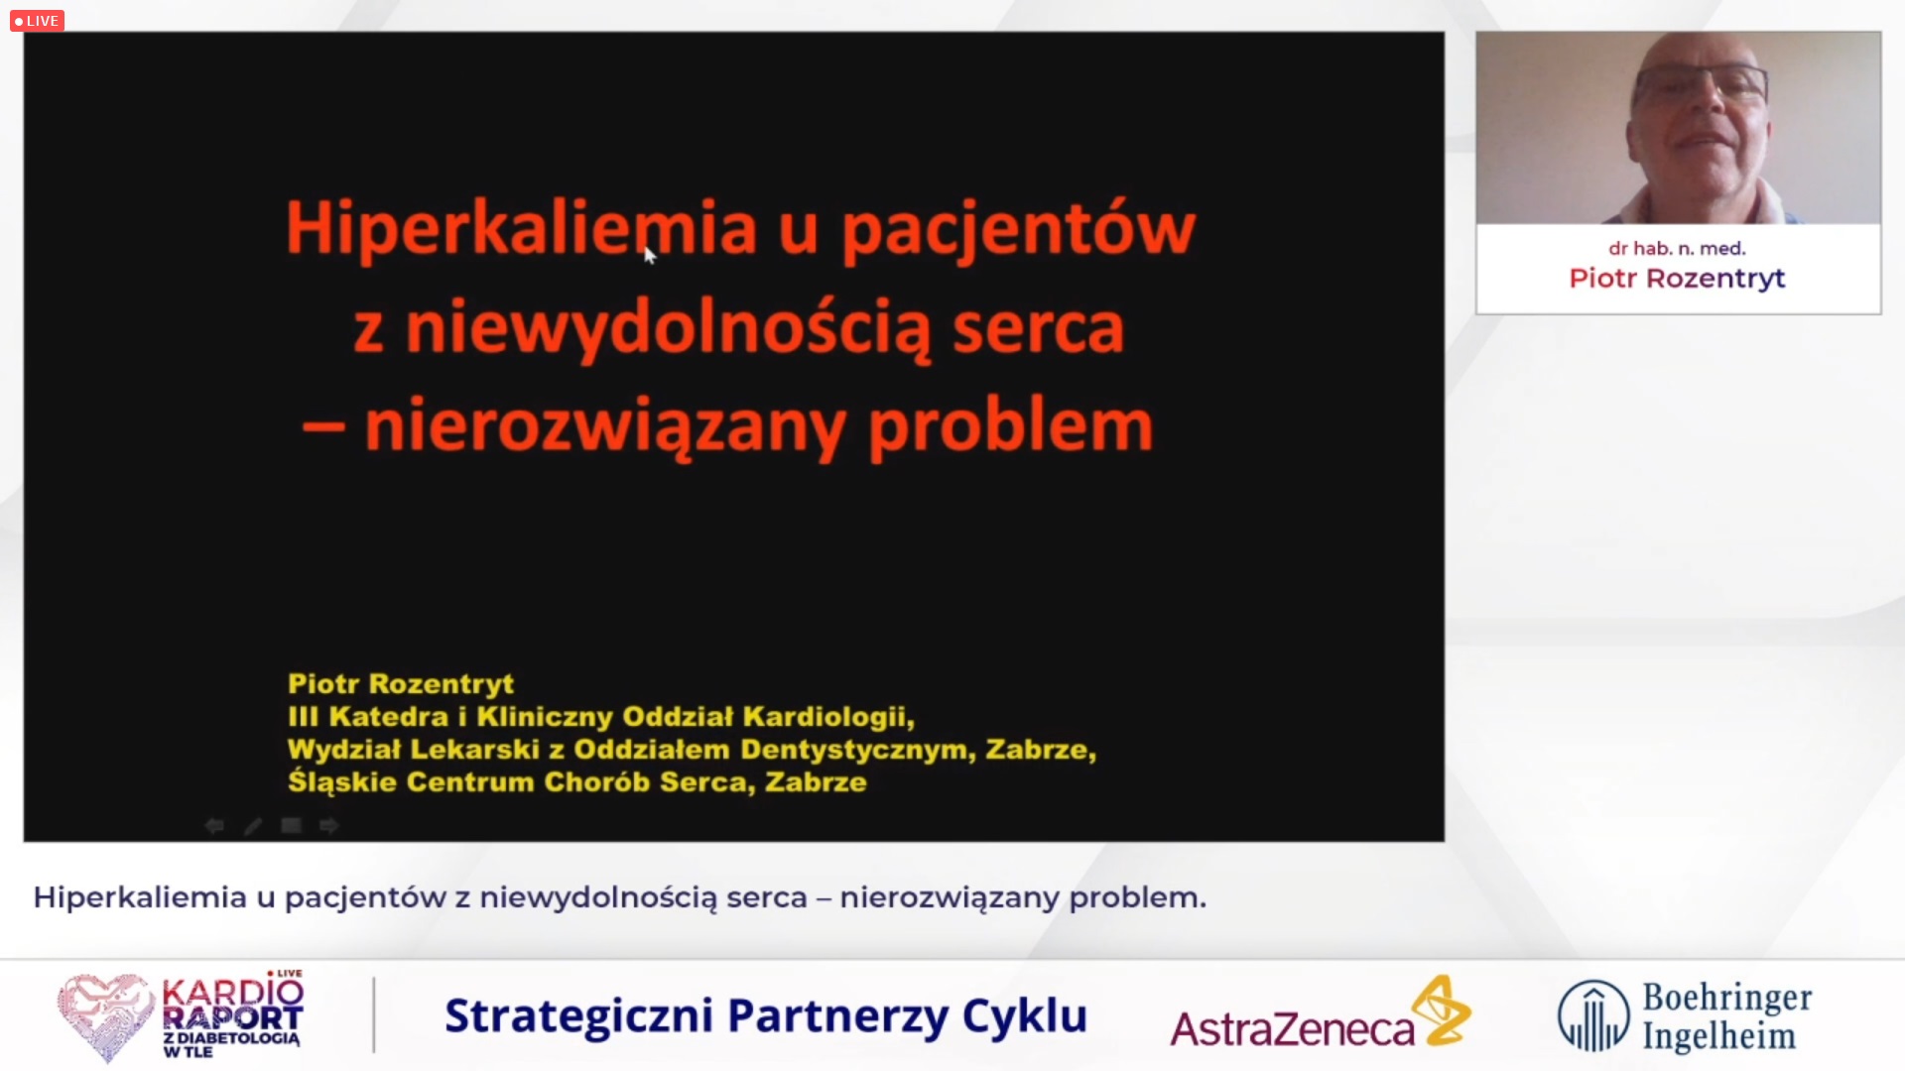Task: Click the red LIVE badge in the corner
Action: tap(37, 21)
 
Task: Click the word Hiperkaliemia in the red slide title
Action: tap(522, 229)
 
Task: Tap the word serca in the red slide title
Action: tap(1038, 329)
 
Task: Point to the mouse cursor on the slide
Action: tap(650, 256)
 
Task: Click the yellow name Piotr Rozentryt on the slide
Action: tap(401, 684)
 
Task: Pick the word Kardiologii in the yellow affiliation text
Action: tap(828, 717)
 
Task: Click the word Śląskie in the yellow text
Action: tap(342, 782)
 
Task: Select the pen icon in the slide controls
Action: tap(253, 825)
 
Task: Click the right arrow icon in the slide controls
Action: tap(329, 825)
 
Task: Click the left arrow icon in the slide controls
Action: tap(214, 825)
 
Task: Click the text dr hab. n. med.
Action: tap(1677, 249)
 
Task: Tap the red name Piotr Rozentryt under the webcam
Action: tap(1677, 279)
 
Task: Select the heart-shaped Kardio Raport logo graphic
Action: tap(105, 1016)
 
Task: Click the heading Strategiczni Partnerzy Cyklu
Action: tap(766, 1015)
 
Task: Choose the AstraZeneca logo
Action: tap(1321, 1013)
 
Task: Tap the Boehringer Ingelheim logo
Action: tap(1685, 1015)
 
